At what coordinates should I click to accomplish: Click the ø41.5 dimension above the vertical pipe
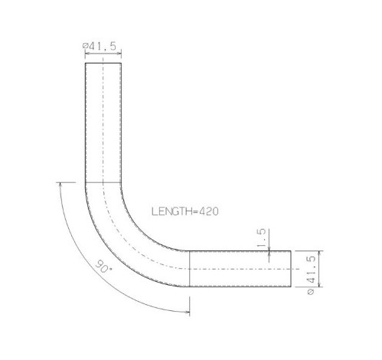100,46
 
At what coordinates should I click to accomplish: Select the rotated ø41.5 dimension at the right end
312,275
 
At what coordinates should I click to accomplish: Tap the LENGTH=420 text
185,211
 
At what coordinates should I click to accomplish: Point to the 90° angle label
103,267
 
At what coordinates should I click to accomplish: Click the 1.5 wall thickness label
261,238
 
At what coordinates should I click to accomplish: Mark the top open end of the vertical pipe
103,63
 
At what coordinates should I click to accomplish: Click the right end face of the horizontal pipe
291,269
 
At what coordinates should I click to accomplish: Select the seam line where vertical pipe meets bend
103,182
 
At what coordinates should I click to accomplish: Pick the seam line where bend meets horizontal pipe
189,269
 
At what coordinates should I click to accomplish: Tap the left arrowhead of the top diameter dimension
87,54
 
